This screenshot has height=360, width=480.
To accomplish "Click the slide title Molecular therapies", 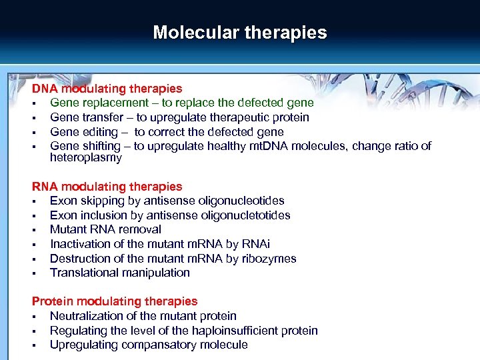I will pyautogui.click(x=240, y=33).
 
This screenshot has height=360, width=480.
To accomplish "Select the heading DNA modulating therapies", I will pyautogui.click(x=107, y=89).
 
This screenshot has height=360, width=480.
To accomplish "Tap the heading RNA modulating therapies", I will pyautogui.click(x=107, y=187).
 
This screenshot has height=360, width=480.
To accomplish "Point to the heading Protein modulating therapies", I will pyautogui.click(x=115, y=301).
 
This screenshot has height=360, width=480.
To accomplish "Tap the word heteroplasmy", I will pyautogui.click(x=86, y=158).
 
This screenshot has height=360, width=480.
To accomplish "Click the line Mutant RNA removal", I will pyautogui.click(x=105, y=229).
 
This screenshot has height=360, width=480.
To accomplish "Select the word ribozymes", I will pyautogui.click(x=267, y=259).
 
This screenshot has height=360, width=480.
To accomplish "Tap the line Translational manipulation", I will pyautogui.click(x=120, y=273).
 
